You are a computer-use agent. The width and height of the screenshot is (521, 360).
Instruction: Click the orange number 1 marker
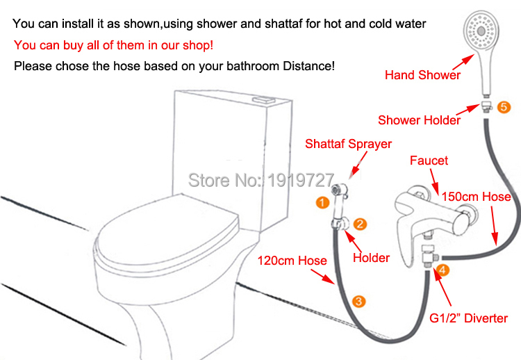pos(322,202)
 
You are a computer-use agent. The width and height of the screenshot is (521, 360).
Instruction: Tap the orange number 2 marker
pos(360,224)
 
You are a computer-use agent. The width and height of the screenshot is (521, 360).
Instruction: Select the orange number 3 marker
pos(358,302)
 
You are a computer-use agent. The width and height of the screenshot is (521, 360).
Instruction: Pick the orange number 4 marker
pos(443,270)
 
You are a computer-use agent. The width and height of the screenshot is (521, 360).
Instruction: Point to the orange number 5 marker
pos(504,107)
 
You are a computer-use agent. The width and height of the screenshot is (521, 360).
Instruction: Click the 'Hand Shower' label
pos(422,75)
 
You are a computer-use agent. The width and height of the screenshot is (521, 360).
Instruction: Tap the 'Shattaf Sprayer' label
pos(348,144)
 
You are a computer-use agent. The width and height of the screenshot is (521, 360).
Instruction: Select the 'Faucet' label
pos(429,161)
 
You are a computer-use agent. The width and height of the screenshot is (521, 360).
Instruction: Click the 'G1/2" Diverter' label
pos(468,318)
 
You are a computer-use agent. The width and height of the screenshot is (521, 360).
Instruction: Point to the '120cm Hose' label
pos(292,261)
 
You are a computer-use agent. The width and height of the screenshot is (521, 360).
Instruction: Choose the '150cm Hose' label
pos(476,197)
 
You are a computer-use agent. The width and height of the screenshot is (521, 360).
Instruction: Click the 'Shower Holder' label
pos(419,120)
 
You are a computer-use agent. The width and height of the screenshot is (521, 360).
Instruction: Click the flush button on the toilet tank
pos(265,99)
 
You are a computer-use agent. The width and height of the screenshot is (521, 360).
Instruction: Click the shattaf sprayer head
pos(339,192)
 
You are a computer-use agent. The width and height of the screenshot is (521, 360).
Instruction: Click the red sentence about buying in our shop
pos(113,45)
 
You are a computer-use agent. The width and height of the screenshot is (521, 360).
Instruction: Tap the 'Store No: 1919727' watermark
pos(260,180)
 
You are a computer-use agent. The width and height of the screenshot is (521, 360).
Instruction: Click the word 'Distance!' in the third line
pos(308,66)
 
